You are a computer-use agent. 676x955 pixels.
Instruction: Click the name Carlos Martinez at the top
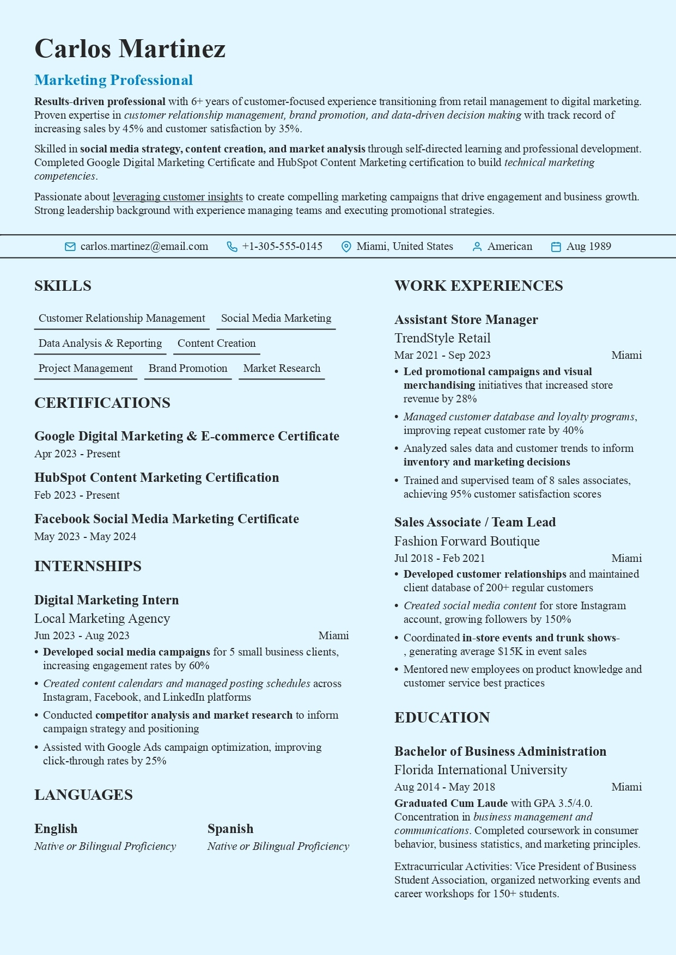[x=130, y=48]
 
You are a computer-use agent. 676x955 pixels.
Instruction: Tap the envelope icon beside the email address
[x=70, y=247]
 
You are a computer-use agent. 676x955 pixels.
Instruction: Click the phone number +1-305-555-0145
[x=282, y=247]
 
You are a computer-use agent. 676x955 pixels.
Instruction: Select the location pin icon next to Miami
[x=346, y=247]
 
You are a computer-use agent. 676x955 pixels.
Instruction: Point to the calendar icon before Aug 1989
[x=556, y=247]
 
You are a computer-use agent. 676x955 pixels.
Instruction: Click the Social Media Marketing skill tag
[x=276, y=319]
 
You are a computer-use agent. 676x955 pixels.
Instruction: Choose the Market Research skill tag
[x=282, y=369]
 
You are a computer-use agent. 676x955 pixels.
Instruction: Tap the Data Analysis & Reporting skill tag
[x=100, y=344]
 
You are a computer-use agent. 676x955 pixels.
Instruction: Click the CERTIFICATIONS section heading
[x=102, y=403]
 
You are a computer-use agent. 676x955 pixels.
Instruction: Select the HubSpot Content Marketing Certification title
[x=157, y=477]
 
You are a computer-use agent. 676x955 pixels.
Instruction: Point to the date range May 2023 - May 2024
[x=85, y=537]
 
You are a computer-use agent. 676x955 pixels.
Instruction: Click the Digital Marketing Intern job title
[x=107, y=600]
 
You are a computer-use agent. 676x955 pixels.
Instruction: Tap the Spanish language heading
[x=230, y=829]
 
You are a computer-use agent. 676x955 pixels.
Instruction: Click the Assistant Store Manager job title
[x=466, y=320]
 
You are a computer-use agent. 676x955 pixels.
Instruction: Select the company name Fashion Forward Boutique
[x=467, y=541]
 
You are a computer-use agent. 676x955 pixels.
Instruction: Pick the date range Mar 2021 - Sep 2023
[x=442, y=356]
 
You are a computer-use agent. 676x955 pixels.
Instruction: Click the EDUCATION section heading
[x=442, y=718]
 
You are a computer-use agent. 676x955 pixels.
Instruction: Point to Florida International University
[x=480, y=770]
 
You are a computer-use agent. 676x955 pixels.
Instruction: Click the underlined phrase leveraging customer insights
[x=178, y=197]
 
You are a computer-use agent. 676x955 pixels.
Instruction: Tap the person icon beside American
[x=477, y=247]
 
